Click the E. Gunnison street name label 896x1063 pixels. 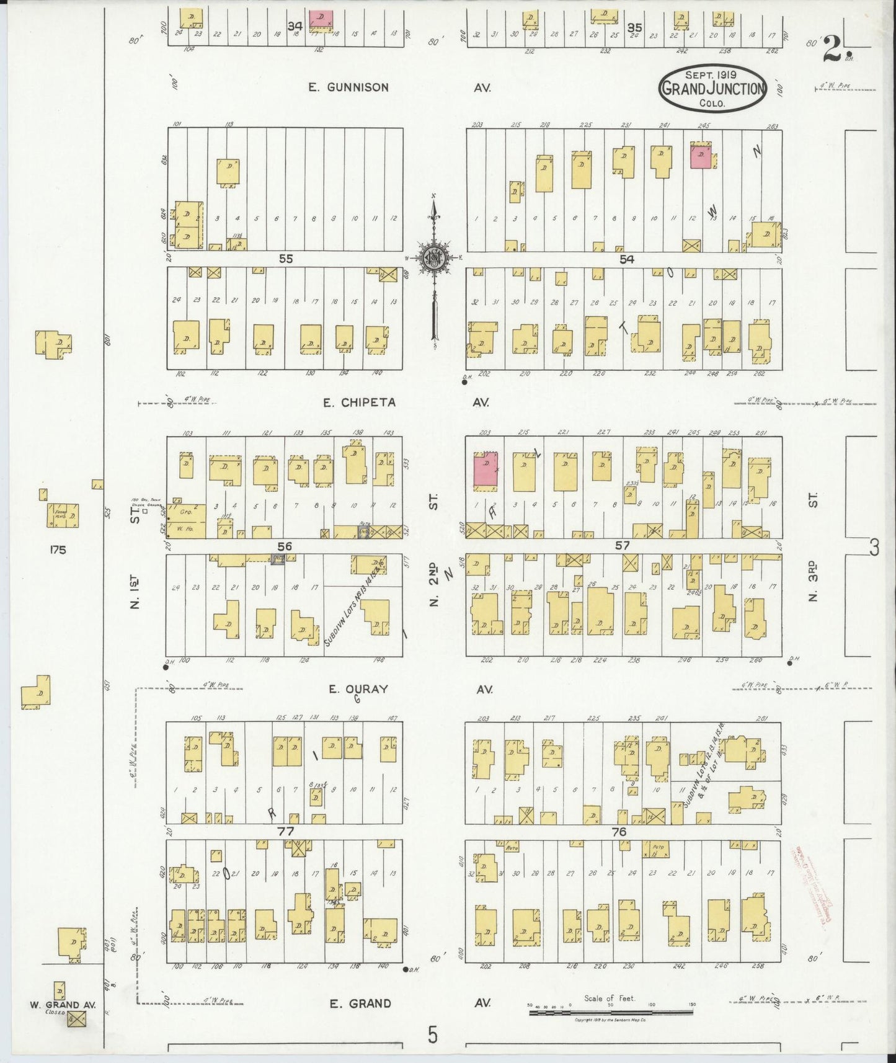348,87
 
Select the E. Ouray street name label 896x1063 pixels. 358,689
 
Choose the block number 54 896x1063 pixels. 628,260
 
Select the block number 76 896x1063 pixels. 619,832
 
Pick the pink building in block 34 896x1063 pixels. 321,19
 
